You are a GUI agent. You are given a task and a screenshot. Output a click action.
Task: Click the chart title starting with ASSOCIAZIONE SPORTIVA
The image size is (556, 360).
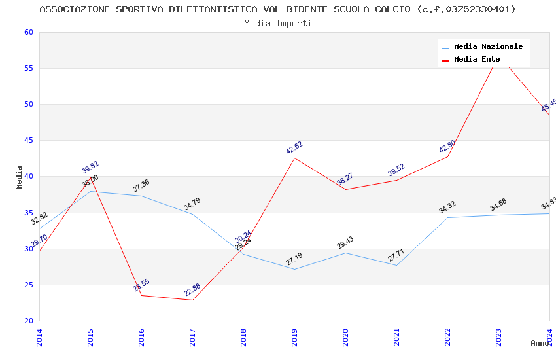pos(277,9)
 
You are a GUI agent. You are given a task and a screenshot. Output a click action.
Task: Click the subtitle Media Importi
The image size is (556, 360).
pos(277,23)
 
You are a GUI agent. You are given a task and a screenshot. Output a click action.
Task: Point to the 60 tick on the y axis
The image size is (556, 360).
pos(28,32)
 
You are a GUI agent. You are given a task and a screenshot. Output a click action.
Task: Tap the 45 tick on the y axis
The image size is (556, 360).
pos(28,140)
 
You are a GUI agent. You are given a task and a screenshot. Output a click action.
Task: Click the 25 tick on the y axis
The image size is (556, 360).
pos(28,285)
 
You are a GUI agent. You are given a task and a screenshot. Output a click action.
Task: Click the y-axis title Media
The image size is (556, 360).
pos(20,177)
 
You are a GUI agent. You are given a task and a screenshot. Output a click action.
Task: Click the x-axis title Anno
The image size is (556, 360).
pos(540,343)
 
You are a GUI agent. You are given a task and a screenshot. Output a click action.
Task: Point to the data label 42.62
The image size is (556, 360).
pos(294,148)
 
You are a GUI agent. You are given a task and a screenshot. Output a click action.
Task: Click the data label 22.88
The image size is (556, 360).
pos(192,290)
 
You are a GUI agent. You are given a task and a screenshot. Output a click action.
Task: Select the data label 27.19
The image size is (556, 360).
pos(294,259)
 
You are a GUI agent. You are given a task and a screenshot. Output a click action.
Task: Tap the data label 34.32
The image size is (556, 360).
pos(447,207)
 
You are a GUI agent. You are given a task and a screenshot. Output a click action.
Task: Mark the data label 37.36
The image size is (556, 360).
pos(141,186)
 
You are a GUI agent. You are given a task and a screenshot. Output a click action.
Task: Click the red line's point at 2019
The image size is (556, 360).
pos(294,158)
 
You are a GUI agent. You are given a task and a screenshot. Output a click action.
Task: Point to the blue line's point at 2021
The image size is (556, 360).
pos(396,265)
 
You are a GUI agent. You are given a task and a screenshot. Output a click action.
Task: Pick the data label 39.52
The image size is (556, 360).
pos(396,170)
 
